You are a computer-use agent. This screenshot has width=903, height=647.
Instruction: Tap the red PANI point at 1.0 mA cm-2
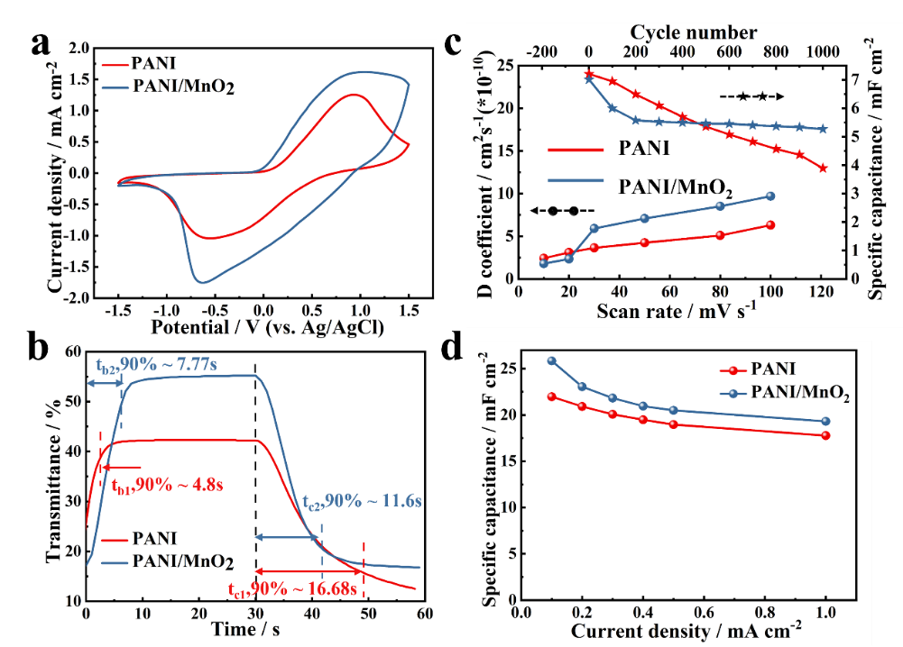click(825, 436)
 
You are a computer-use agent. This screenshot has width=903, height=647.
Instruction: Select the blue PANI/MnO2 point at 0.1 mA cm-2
click(551, 361)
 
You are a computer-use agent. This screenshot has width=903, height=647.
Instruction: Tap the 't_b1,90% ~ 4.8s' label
click(167, 484)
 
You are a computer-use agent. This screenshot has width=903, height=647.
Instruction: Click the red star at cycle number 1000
click(823, 168)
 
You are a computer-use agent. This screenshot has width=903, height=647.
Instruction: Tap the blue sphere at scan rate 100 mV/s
click(770, 196)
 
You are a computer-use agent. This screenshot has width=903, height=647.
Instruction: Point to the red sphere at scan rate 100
click(770, 224)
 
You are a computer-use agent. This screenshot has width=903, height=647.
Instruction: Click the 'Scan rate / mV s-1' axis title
click(677, 312)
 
